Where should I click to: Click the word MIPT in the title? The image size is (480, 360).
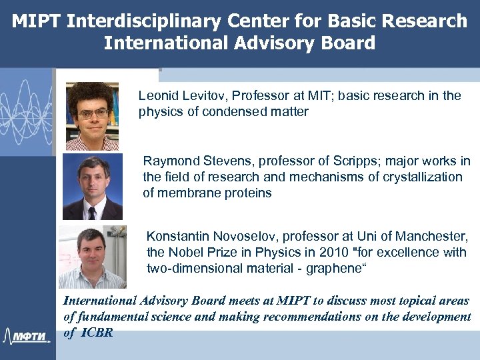[36, 21]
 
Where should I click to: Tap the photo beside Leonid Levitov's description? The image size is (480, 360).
[92, 115]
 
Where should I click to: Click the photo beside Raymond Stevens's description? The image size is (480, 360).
[92, 187]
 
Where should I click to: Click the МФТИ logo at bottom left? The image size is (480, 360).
[27, 335]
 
